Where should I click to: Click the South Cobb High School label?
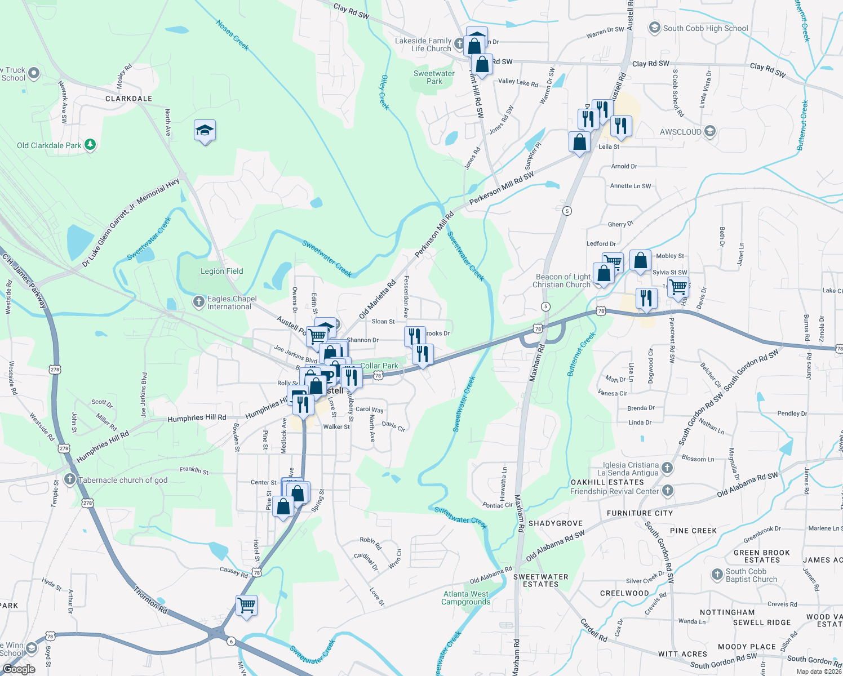[705, 28]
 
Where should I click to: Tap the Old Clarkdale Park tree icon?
[90, 145]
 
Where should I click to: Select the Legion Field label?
[221, 271]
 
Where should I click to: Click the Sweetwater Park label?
[434, 77]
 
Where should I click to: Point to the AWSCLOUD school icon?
[710, 132]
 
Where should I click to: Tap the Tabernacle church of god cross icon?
[70, 480]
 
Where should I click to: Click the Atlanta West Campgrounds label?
[465, 598]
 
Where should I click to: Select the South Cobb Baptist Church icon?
[717, 575]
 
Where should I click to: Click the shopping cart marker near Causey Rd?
[247, 606]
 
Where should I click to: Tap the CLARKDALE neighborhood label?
[128, 99]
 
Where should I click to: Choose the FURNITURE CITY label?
[640, 513]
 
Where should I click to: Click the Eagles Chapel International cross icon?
[199, 303]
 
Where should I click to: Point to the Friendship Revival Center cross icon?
[667, 491]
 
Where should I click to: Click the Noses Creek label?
[233, 35]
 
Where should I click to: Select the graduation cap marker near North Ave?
[205, 131]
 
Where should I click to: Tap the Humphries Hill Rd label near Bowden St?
[197, 418]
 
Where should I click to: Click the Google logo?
[19, 669]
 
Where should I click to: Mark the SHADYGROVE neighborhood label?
[555, 523]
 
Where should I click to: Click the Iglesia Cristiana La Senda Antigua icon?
[667, 468]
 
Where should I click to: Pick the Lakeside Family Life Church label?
[423, 45]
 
